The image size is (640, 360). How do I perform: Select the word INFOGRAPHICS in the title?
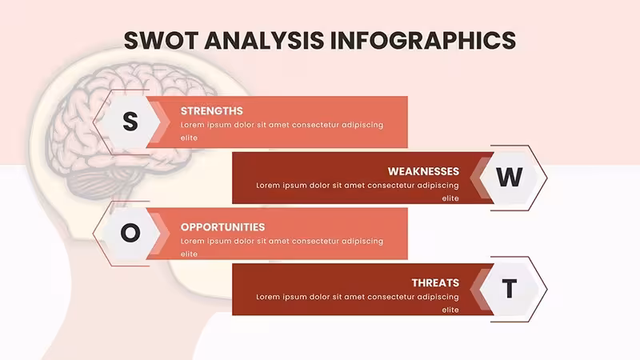[x=423, y=41]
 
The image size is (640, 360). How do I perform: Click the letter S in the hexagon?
[x=130, y=122]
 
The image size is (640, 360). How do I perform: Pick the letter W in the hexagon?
[x=509, y=177]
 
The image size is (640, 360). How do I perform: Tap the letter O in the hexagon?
[x=130, y=233]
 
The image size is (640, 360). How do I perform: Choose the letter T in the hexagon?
[x=510, y=289]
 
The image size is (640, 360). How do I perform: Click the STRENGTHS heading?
[x=212, y=111]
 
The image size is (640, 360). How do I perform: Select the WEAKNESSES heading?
[x=423, y=171]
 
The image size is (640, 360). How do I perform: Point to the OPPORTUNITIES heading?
[x=223, y=227]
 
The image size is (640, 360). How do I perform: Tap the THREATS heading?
[x=435, y=283]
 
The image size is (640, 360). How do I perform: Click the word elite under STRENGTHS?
[x=189, y=138]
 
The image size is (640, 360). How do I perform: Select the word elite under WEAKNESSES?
[x=450, y=198]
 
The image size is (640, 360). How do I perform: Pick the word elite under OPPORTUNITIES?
[x=189, y=254]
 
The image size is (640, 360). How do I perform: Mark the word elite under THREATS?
[x=450, y=310]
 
